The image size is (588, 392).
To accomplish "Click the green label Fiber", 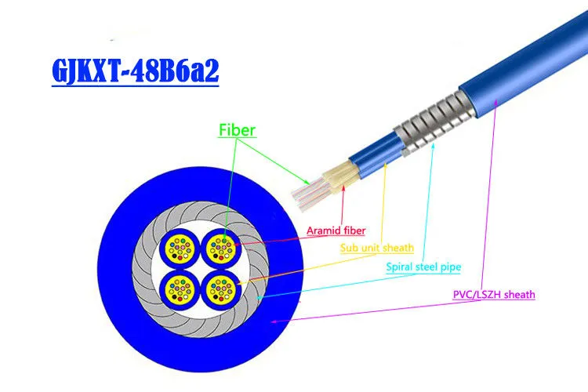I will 237,130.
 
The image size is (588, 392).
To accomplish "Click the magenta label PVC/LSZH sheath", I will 494,295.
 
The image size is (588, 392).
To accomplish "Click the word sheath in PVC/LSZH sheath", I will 518,295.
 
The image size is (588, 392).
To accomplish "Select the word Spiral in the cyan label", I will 401,267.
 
